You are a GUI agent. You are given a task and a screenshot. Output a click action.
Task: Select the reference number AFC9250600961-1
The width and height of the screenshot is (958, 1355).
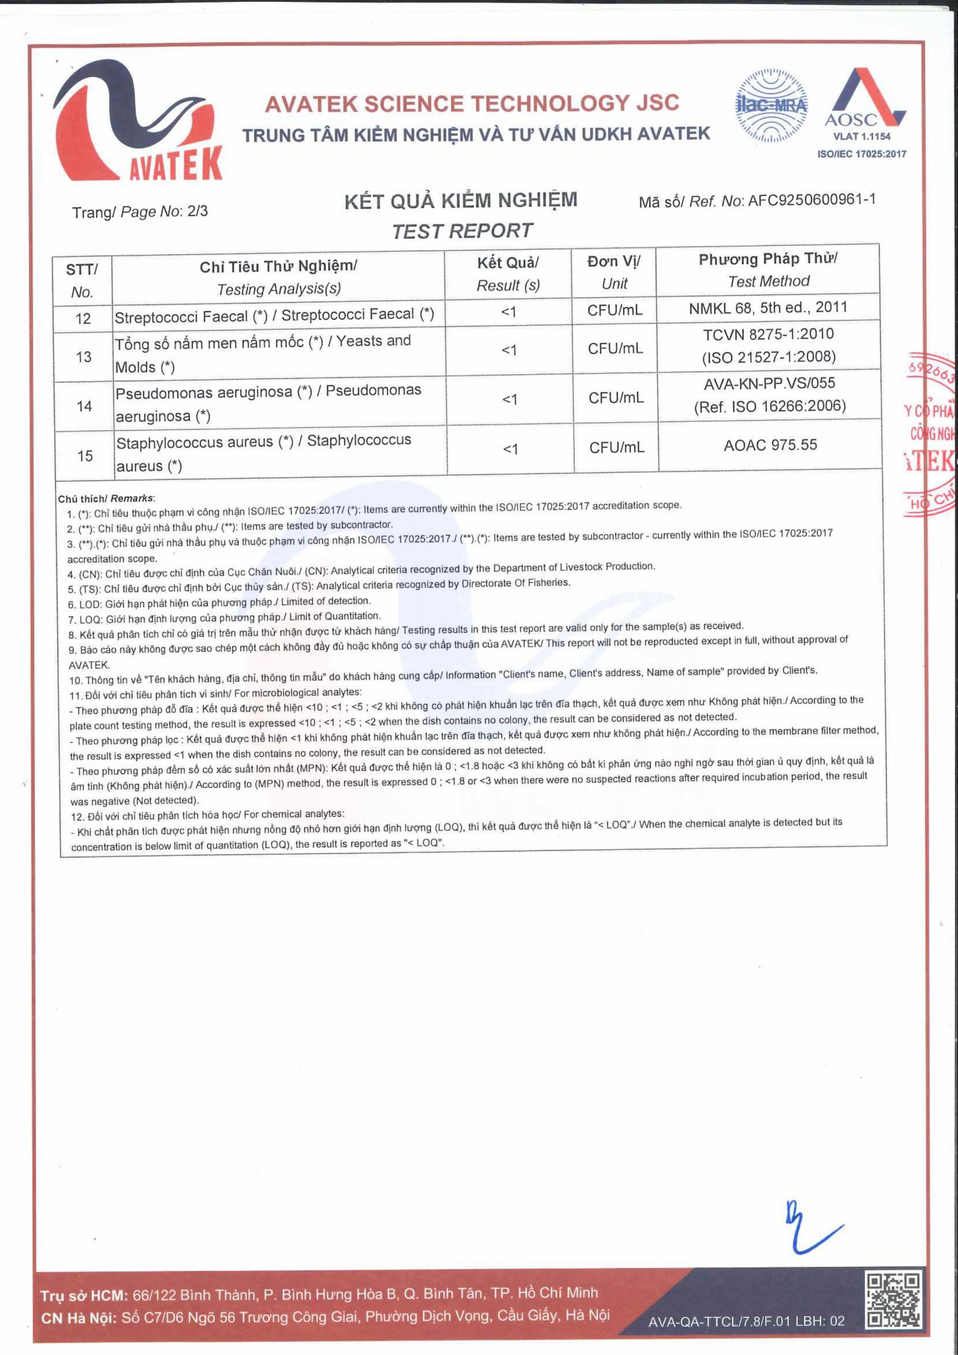pyautogui.click(x=811, y=200)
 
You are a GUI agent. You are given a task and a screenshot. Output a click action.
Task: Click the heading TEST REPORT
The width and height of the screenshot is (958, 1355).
pyautogui.click(x=462, y=231)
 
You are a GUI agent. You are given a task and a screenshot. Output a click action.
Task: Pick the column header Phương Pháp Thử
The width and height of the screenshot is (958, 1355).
pyautogui.click(x=768, y=258)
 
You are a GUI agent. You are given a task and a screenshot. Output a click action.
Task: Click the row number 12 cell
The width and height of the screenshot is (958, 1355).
pyautogui.click(x=83, y=319)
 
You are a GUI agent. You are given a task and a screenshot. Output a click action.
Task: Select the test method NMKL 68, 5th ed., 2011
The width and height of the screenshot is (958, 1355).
pyautogui.click(x=768, y=308)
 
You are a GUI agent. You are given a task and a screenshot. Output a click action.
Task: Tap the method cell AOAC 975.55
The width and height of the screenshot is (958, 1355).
pyautogui.click(x=770, y=445)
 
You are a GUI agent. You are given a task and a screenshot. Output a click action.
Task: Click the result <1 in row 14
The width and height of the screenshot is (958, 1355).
pyautogui.click(x=509, y=400)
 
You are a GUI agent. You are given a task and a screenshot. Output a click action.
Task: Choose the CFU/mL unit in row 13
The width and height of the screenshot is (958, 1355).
pyautogui.click(x=615, y=349)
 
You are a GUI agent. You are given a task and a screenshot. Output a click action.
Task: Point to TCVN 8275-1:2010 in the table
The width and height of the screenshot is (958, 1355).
pyautogui.click(x=768, y=334)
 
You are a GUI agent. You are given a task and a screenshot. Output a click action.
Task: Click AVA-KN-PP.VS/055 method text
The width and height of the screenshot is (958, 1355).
pyautogui.click(x=769, y=383)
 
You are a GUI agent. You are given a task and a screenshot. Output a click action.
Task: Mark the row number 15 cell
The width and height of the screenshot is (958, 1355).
pyautogui.click(x=85, y=456)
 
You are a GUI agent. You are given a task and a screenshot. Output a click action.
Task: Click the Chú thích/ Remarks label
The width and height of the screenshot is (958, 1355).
pyautogui.click(x=107, y=499)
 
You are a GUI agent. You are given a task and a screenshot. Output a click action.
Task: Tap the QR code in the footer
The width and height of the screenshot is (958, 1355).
pyautogui.click(x=892, y=1299)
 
